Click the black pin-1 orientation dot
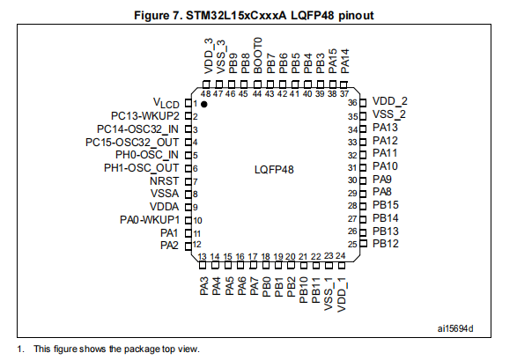(x=204, y=104)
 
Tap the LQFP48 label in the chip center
(x=274, y=170)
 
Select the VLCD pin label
(x=166, y=103)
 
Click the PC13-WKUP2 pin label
(x=145, y=116)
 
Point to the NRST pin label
(x=164, y=181)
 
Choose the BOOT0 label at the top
(x=258, y=55)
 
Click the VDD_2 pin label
(x=390, y=101)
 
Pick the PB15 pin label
(x=386, y=205)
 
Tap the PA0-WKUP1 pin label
(x=150, y=220)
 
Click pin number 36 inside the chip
(x=352, y=103)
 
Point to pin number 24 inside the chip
(x=340, y=255)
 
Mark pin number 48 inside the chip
(x=206, y=94)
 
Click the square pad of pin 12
(x=188, y=246)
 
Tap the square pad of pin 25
(x=364, y=244)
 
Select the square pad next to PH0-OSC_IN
(x=188, y=155)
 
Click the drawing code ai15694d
(x=455, y=328)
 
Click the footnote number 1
(x=21, y=349)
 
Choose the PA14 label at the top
(x=345, y=62)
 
